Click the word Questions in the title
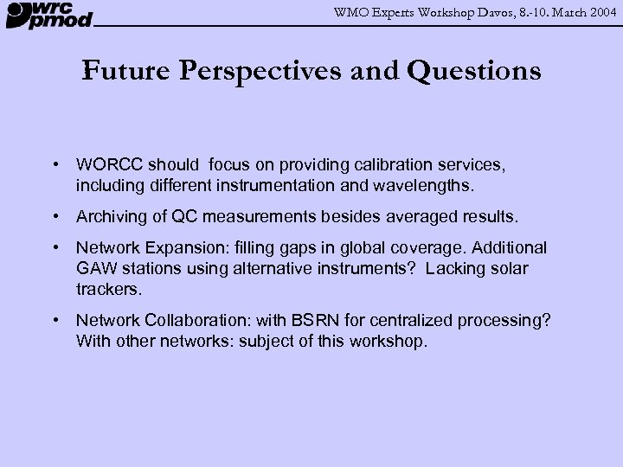tap(474, 71)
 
